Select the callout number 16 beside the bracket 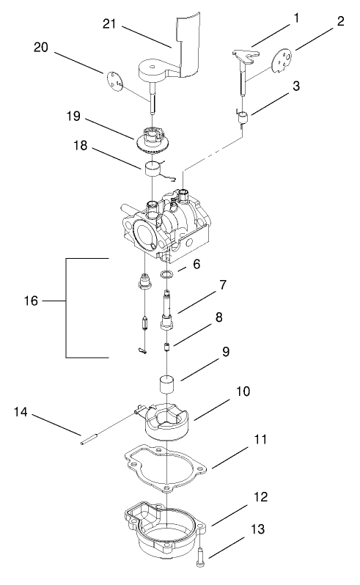click(31, 300)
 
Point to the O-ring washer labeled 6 click(166, 275)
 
